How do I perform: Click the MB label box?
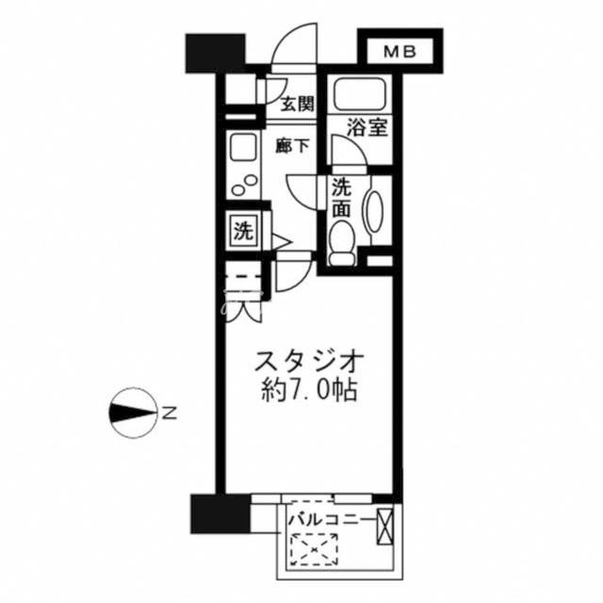pos(400,52)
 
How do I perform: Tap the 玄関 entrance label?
pos(298,104)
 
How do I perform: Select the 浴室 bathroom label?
pos(367,128)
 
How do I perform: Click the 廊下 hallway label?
pos(292,146)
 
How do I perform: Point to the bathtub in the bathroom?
pos(360,94)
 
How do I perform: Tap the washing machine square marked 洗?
pos(244,232)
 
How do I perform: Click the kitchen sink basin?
pos(243,149)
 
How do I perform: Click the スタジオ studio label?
pos(309,361)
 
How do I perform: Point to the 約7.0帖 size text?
pos(310,391)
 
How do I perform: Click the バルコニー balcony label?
pos(330,520)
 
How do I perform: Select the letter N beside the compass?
pos(169,413)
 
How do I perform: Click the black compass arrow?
pos(132,413)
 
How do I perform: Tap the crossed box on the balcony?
pos(384,527)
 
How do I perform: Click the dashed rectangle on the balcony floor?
pos(314,549)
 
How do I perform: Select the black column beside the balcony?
pos(220,513)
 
